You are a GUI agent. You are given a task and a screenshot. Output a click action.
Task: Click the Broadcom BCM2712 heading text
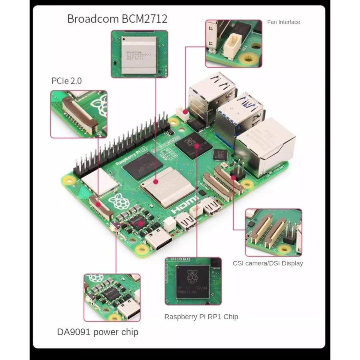tap(117, 19)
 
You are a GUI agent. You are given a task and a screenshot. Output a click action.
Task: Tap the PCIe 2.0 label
tap(66, 81)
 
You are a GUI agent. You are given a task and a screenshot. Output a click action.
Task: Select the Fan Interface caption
tap(283, 22)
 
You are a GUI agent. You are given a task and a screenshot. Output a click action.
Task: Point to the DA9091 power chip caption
tap(98, 332)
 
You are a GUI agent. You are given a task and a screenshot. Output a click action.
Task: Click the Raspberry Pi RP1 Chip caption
tap(201, 317)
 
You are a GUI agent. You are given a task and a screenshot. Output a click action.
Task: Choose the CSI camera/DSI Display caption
tap(268, 263)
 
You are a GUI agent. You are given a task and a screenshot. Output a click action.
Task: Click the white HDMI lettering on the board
tap(185, 205)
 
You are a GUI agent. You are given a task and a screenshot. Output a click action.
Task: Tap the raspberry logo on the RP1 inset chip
tap(193, 276)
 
